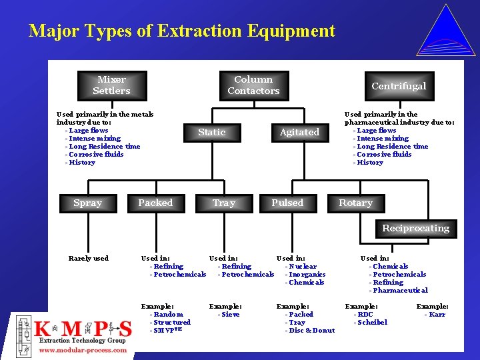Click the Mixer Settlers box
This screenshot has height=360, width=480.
click(x=111, y=85)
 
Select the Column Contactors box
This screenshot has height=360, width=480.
click(x=253, y=85)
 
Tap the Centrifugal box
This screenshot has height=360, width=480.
click(x=398, y=86)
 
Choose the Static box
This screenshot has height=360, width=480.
click(x=211, y=132)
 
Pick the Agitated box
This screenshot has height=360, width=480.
click(x=299, y=132)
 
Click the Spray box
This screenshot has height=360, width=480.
click(x=88, y=203)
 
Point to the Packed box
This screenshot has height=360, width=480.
click(x=155, y=203)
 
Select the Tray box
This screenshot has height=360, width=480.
click(x=223, y=203)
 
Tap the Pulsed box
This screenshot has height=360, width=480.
click(x=287, y=203)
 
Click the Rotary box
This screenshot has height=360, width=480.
click(x=355, y=203)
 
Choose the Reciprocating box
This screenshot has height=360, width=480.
click(x=415, y=228)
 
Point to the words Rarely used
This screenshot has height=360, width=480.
click(x=88, y=259)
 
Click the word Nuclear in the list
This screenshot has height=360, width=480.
click(x=303, y=267)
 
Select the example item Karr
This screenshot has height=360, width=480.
click(x=437, y=315)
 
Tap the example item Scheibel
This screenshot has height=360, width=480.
click(x=372, y=323)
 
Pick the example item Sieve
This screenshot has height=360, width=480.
click(x=230, y=315)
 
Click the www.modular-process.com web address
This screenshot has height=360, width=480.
click(x=83, y=350)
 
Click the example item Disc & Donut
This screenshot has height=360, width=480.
click(x=311, y=331)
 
